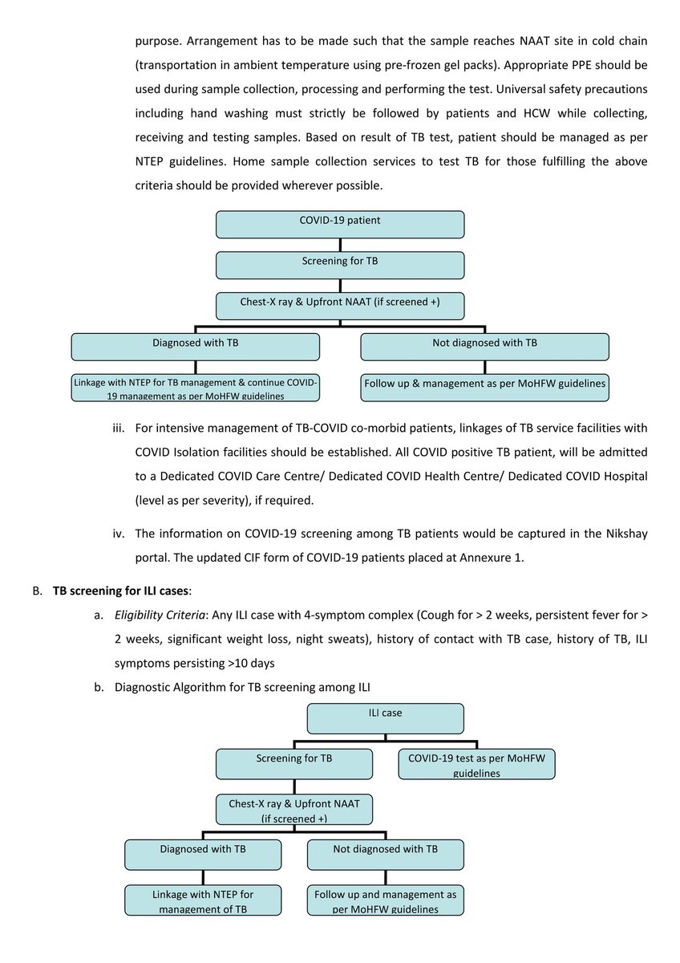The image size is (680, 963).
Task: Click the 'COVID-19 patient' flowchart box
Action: pyautogui.click(x=340, y=224)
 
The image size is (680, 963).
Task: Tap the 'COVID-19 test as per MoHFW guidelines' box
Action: pyautogui.click(x=476, y=765)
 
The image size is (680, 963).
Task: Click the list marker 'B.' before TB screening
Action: pyautogui.click(x=37, y=590)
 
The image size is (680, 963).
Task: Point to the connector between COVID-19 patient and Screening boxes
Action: pyautogui.click(x=340, y=245)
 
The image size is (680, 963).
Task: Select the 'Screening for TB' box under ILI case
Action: pyautogui.click(x=294, y=763)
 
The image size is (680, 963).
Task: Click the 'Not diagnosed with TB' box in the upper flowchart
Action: pyautogui.click(x=484, y=347)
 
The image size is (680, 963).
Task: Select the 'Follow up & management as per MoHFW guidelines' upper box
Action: pyautogui.click(x=484, y=387)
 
